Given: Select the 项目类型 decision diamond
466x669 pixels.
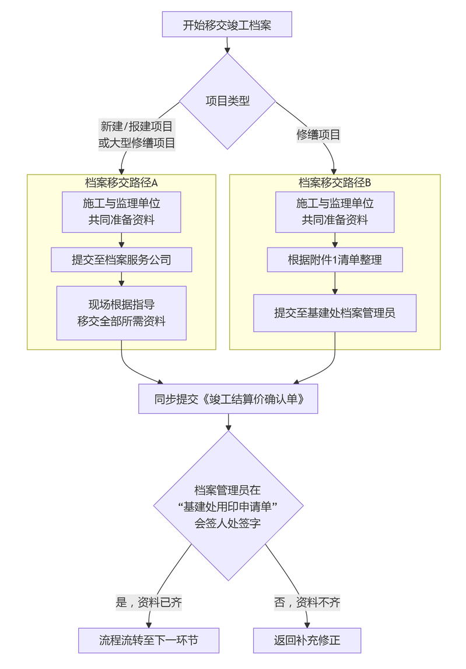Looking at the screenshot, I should tap(227, 101).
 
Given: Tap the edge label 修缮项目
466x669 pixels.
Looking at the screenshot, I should tap(318, 135).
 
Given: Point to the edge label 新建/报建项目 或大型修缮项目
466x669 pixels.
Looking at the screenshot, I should tap(137, 135).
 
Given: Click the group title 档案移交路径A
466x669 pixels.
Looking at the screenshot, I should tap(121, 182).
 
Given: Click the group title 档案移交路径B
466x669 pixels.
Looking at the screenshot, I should tap(335, 182).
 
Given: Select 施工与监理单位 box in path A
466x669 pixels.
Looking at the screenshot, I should tap(121, 211).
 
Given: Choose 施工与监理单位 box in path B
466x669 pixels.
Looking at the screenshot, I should tap(335, 211).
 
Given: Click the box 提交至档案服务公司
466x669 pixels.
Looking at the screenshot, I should tap(121, 260).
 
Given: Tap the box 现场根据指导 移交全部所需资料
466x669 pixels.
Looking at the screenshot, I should tap(121, 313).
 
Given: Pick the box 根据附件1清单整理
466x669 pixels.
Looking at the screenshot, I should tap(335, 260).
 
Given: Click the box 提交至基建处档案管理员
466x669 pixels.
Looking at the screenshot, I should tap(335, 313).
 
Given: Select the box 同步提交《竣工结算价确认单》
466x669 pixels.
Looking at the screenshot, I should tap(228, 399).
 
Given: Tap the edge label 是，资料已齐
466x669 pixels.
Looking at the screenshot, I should tap(149, 602).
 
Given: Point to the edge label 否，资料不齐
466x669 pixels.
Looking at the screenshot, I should tap(307, 602).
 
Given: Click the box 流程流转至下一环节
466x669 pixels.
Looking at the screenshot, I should tap(149, 640).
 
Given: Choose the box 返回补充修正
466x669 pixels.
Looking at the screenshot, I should tap(307, 640).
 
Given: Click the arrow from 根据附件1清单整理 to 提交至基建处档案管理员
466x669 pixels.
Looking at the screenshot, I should tap(335, 283).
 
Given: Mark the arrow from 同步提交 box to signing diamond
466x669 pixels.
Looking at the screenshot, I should tap(228, 422).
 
